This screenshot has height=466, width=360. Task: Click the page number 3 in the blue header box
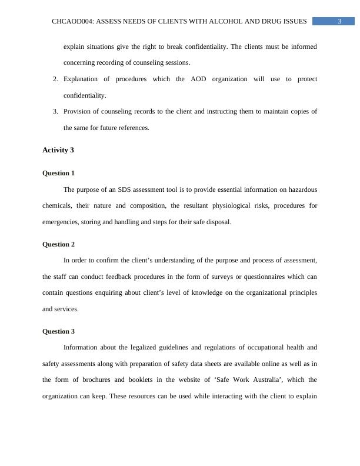click(x=339, y=22)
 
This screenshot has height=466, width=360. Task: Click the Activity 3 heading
click(x=58, y=150)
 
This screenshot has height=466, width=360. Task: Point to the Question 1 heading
click(x=59, y=174)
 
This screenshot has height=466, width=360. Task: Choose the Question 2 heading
click(x=59, y=244)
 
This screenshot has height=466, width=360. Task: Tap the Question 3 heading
click(x=59, y=331)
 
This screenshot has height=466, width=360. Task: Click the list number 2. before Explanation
click(x=55, y=79)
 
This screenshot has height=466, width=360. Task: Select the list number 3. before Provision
click(x=55, y=111)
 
